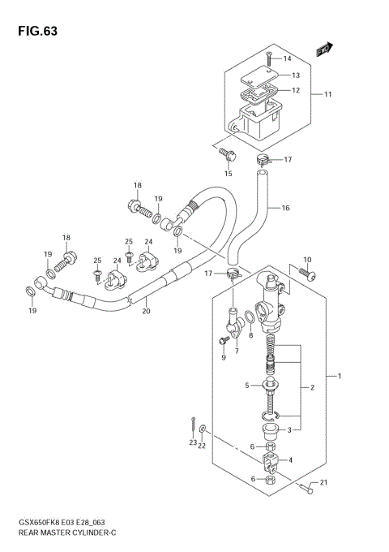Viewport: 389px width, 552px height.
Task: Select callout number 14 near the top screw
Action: (286, 59)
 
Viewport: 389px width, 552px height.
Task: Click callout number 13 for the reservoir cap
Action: (296, 75)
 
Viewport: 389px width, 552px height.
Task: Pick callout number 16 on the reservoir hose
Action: (285, 209)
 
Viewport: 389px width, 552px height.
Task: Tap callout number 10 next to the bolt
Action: (306, 260)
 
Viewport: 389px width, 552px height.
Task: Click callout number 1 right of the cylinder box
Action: (340, 376)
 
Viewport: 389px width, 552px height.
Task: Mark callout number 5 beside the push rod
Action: (248, 386)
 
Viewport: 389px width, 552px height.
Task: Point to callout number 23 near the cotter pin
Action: (193, 442)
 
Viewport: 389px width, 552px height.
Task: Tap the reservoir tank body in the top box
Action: (261, 123)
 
